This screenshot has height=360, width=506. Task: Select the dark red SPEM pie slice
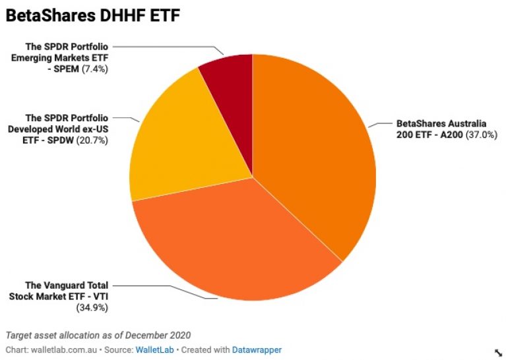point(228,76)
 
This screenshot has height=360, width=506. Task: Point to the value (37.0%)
point(481,134)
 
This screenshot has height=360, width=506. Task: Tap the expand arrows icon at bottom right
point(497,353)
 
